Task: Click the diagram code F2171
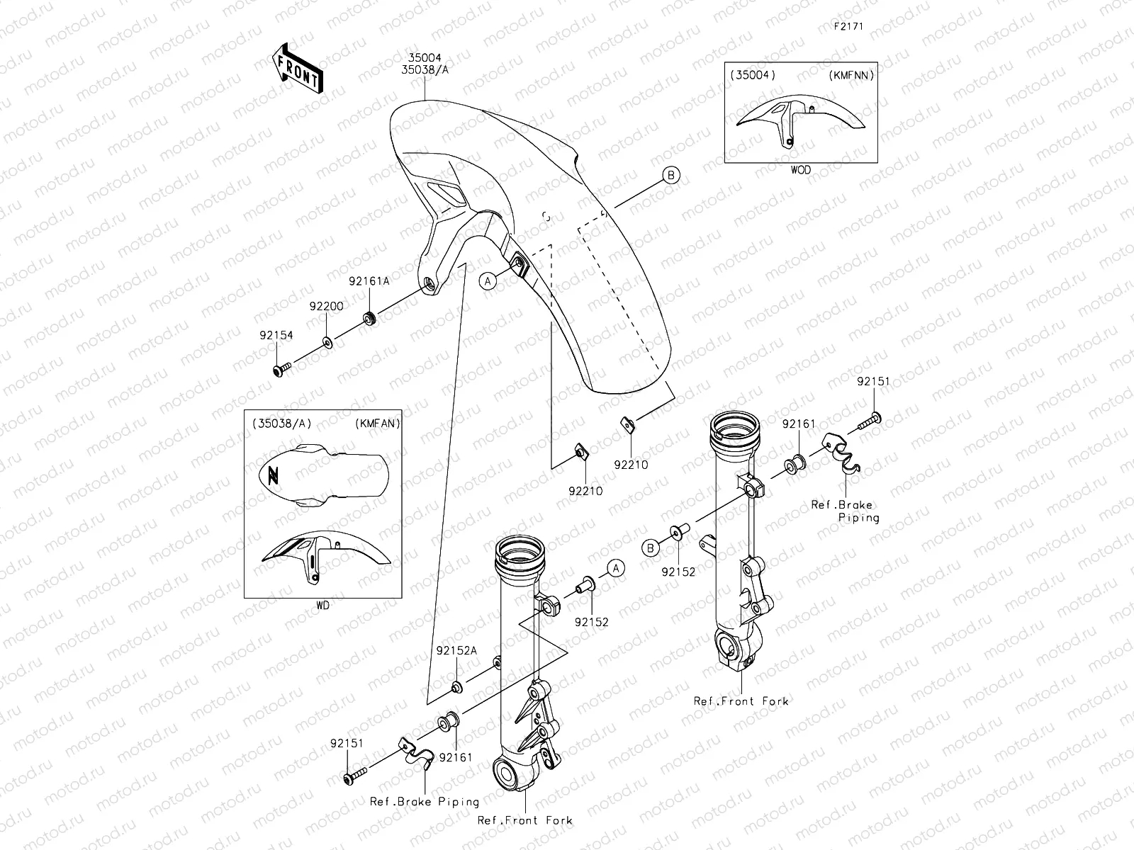pos(848,27)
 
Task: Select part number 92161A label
pos(369,280)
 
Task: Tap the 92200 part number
pos(326,306)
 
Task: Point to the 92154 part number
pos(276,335)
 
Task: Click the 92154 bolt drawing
pos(282,368)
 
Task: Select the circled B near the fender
pos(670,175)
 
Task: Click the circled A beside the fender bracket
pos(487,281)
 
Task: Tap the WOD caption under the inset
pos(800,170)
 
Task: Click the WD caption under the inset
pos(322,606)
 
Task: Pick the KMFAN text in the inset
pos(375,424)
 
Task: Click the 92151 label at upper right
pos(873,381)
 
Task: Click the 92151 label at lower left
pos(347,743)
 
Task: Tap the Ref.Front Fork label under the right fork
pos(741,701)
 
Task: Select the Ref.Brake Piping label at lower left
pos(425,802)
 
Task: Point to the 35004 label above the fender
pos(425,58)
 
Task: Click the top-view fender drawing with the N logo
pos(323,477)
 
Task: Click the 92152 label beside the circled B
pos(678,570)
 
